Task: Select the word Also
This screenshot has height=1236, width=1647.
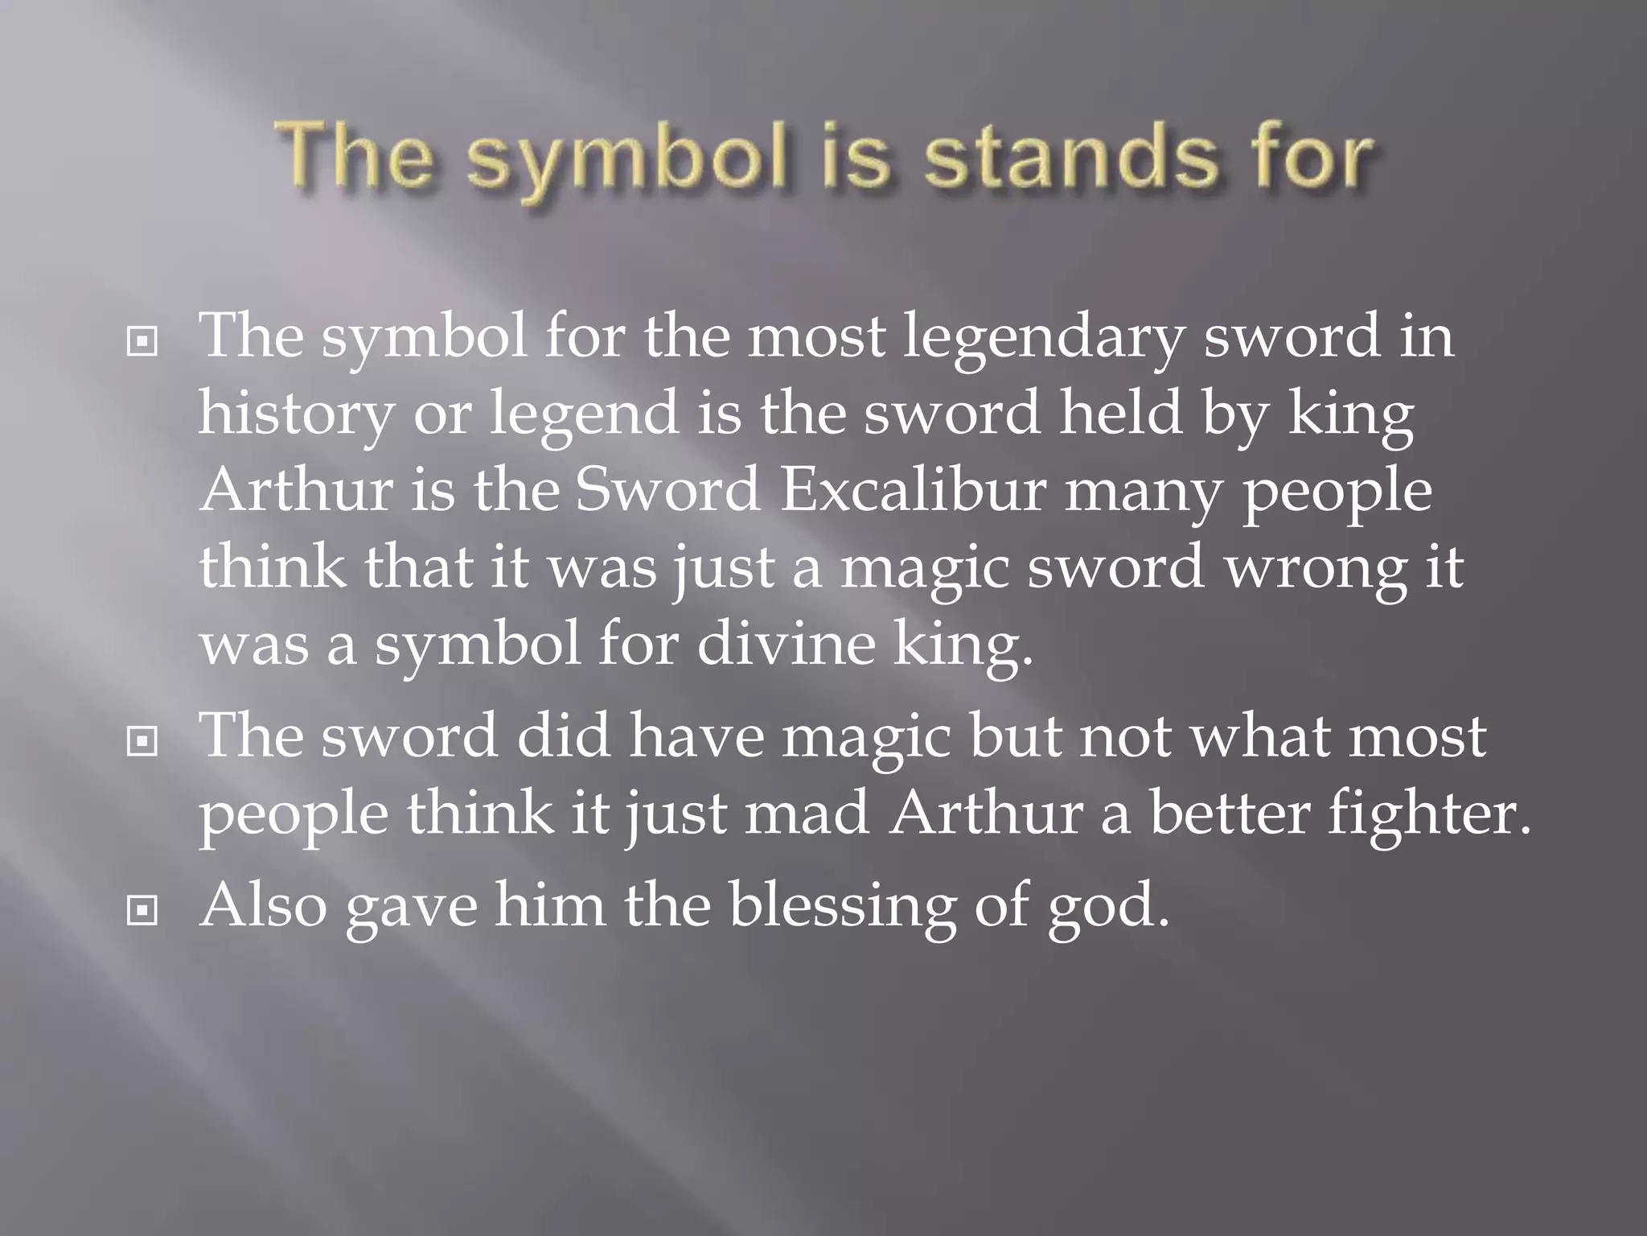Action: (x=264, y=905)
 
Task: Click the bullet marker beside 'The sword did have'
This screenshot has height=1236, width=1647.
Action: (x=142, y=742)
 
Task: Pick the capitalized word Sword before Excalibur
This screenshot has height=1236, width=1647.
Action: (x=667, y=491)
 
